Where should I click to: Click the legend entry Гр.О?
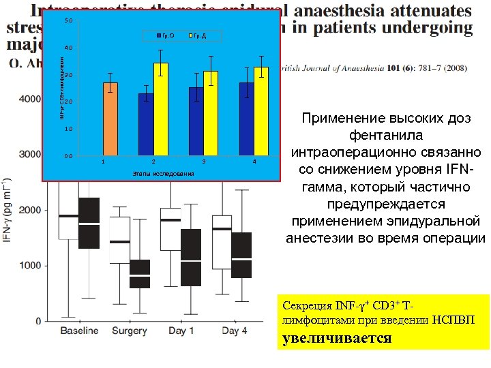[163, 35]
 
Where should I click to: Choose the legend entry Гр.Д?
[197, 35]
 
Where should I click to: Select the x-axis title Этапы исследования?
[163, 174]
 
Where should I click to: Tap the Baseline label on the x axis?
[79, 331]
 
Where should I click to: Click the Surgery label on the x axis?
[128, 331]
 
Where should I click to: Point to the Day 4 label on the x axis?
[234, 331]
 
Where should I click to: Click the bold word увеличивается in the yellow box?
[337, 339]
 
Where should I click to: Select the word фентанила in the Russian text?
[386, 135]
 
